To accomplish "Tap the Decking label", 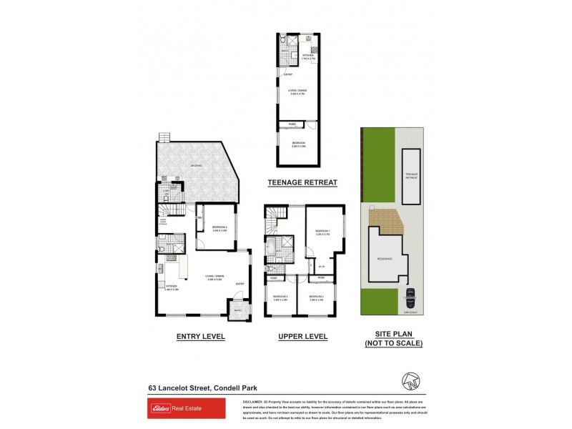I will tap(196, 166).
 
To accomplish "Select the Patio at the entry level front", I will tap(237, 310).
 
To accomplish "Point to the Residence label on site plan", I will tap(385, 260).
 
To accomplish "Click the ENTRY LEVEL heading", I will tap(200, 336).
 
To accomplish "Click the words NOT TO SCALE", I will tap(394, 344).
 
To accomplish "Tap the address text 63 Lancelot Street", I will tap(179, 388).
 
